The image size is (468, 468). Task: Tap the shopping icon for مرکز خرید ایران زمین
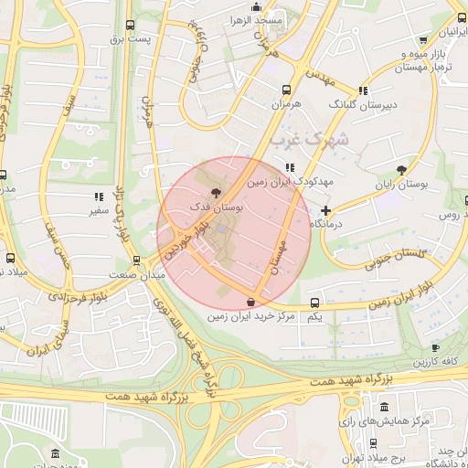pos(251,302)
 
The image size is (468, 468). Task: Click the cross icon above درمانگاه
pos(325,211)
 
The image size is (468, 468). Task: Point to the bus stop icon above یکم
pos(314,303)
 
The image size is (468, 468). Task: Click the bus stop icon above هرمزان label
pos(286,90)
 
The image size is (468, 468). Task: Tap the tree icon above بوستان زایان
pos(401,170)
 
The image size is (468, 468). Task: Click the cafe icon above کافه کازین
pos(435,347)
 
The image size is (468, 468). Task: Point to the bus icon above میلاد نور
pos(10,259)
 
